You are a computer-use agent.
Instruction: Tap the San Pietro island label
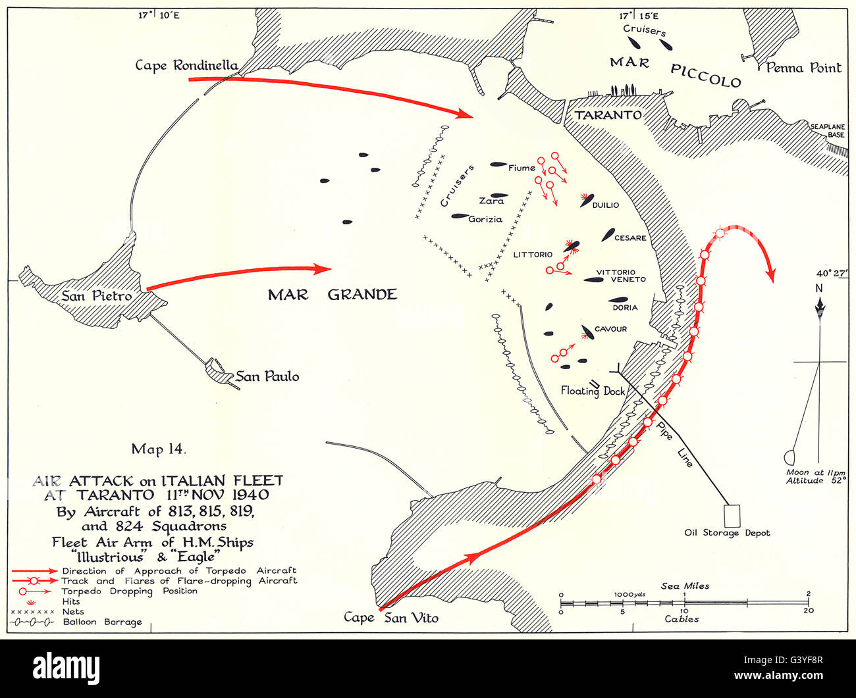tap(96, 296)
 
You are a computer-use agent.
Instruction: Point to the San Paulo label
tap(267, 376)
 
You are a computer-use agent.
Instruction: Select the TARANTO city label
tap(608, 114)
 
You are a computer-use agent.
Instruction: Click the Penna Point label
tap(803, 67)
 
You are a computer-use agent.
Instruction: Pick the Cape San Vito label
tap(390, 617)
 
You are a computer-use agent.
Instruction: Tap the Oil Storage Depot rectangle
tap(732, 514)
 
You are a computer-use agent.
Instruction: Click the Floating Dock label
tap(593, 391)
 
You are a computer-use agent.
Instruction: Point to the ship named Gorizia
tap(460, 216)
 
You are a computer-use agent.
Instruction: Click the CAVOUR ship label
tap(610, 329)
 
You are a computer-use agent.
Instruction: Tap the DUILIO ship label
tap(606, 205)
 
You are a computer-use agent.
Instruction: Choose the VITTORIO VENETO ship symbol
tap(593, 280)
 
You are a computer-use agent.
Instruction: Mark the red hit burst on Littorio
tap(572, 246)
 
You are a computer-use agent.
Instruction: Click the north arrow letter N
tap(819, 287)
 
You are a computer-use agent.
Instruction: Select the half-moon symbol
tap(789, 457)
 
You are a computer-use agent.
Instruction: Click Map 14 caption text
tap(159, 449)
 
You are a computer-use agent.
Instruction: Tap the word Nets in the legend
tap(72, 611)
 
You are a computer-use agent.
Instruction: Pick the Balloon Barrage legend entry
tap(102, 622)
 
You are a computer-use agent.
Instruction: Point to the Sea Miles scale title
tap(685, 586)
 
